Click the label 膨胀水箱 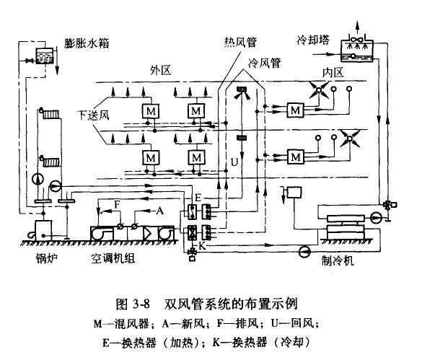pyautogui.click(x=87, y=43)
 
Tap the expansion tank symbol pyautogui.click(x=45, y=56)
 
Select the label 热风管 pyautogui.click(x=240, y=42)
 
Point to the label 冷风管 pyautogui.click(x=264, y=63)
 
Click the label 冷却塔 pyautogui.click(x=313, y=40)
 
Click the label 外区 pyautogui.click(x=161, y=71)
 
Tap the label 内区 pyautogui.click(x=333, y=72)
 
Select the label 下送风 pyautogui.click(x=93, y=115)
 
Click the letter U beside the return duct pyautogui.click(x=234, y=162)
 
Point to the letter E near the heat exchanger pyautogui.click(x=198, y=198)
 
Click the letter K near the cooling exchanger pyautogui.click(x=202, y=245)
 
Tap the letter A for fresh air pyautogui.click(x=159, y=210)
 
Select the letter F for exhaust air pyautogui.click(x=117, y=204)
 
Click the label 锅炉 pyautogui.click(x=47, y=258)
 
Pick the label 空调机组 pyautogui.click(x=113, y=258)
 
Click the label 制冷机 pyautogui.click(x=338, y=260)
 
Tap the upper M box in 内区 pyautogui.click(x=296, y=110)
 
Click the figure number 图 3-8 pyautogui.click(x=133, y=304)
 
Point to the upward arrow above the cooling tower pyautogui.click(x=357, y=27)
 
